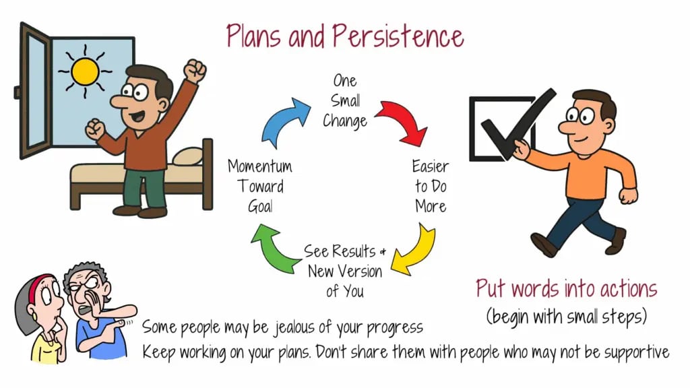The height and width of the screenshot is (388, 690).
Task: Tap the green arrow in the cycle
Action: [x=272, y=249]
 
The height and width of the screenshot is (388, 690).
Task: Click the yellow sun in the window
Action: [x=85, y=71]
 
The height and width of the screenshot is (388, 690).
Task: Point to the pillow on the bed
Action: [x=188, y=156]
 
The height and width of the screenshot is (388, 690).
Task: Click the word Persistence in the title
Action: [x=398, y=36]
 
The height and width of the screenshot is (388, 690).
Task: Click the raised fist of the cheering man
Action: [x=195, y=70]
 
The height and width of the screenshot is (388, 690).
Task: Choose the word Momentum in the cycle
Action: [x=260, y=166]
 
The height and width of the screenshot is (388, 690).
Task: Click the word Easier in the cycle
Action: [x=431, y=166]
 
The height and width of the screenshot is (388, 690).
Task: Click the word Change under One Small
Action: [x=345, y=121]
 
